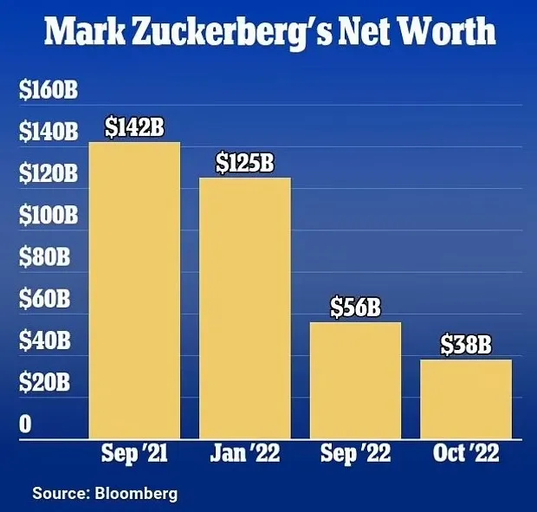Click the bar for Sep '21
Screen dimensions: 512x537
tap(134, 290)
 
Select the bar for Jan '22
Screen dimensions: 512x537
tap(244, 308)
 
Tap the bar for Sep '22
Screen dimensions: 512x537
tap(355, 380)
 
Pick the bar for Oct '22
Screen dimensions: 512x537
tap(465, 399)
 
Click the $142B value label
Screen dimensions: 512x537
tap(134, 127)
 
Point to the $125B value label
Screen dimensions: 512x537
tap(245, 162)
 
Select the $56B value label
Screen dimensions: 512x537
tap(356, 308)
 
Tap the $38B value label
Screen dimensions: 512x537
tap(466, 345)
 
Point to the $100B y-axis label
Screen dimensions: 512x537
tap(49, 215)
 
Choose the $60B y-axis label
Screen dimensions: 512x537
tap(43, 299)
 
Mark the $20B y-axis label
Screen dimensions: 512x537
tap(43, 382)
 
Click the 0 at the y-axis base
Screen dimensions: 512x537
tap(26, 424)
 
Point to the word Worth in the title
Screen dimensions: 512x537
tap(449, 33)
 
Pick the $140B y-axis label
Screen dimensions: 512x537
tap(49, 133)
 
